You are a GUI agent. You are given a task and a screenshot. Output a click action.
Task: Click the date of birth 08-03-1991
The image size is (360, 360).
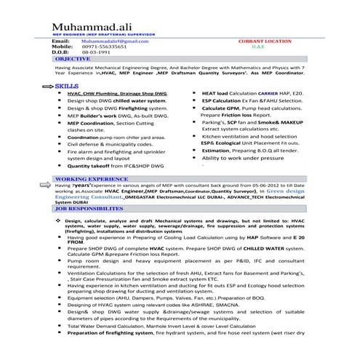pos(95,53)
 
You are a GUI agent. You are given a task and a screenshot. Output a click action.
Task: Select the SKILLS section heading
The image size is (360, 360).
pos(67,86)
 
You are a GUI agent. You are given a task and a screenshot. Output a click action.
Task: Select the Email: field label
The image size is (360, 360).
pos(61,42)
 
